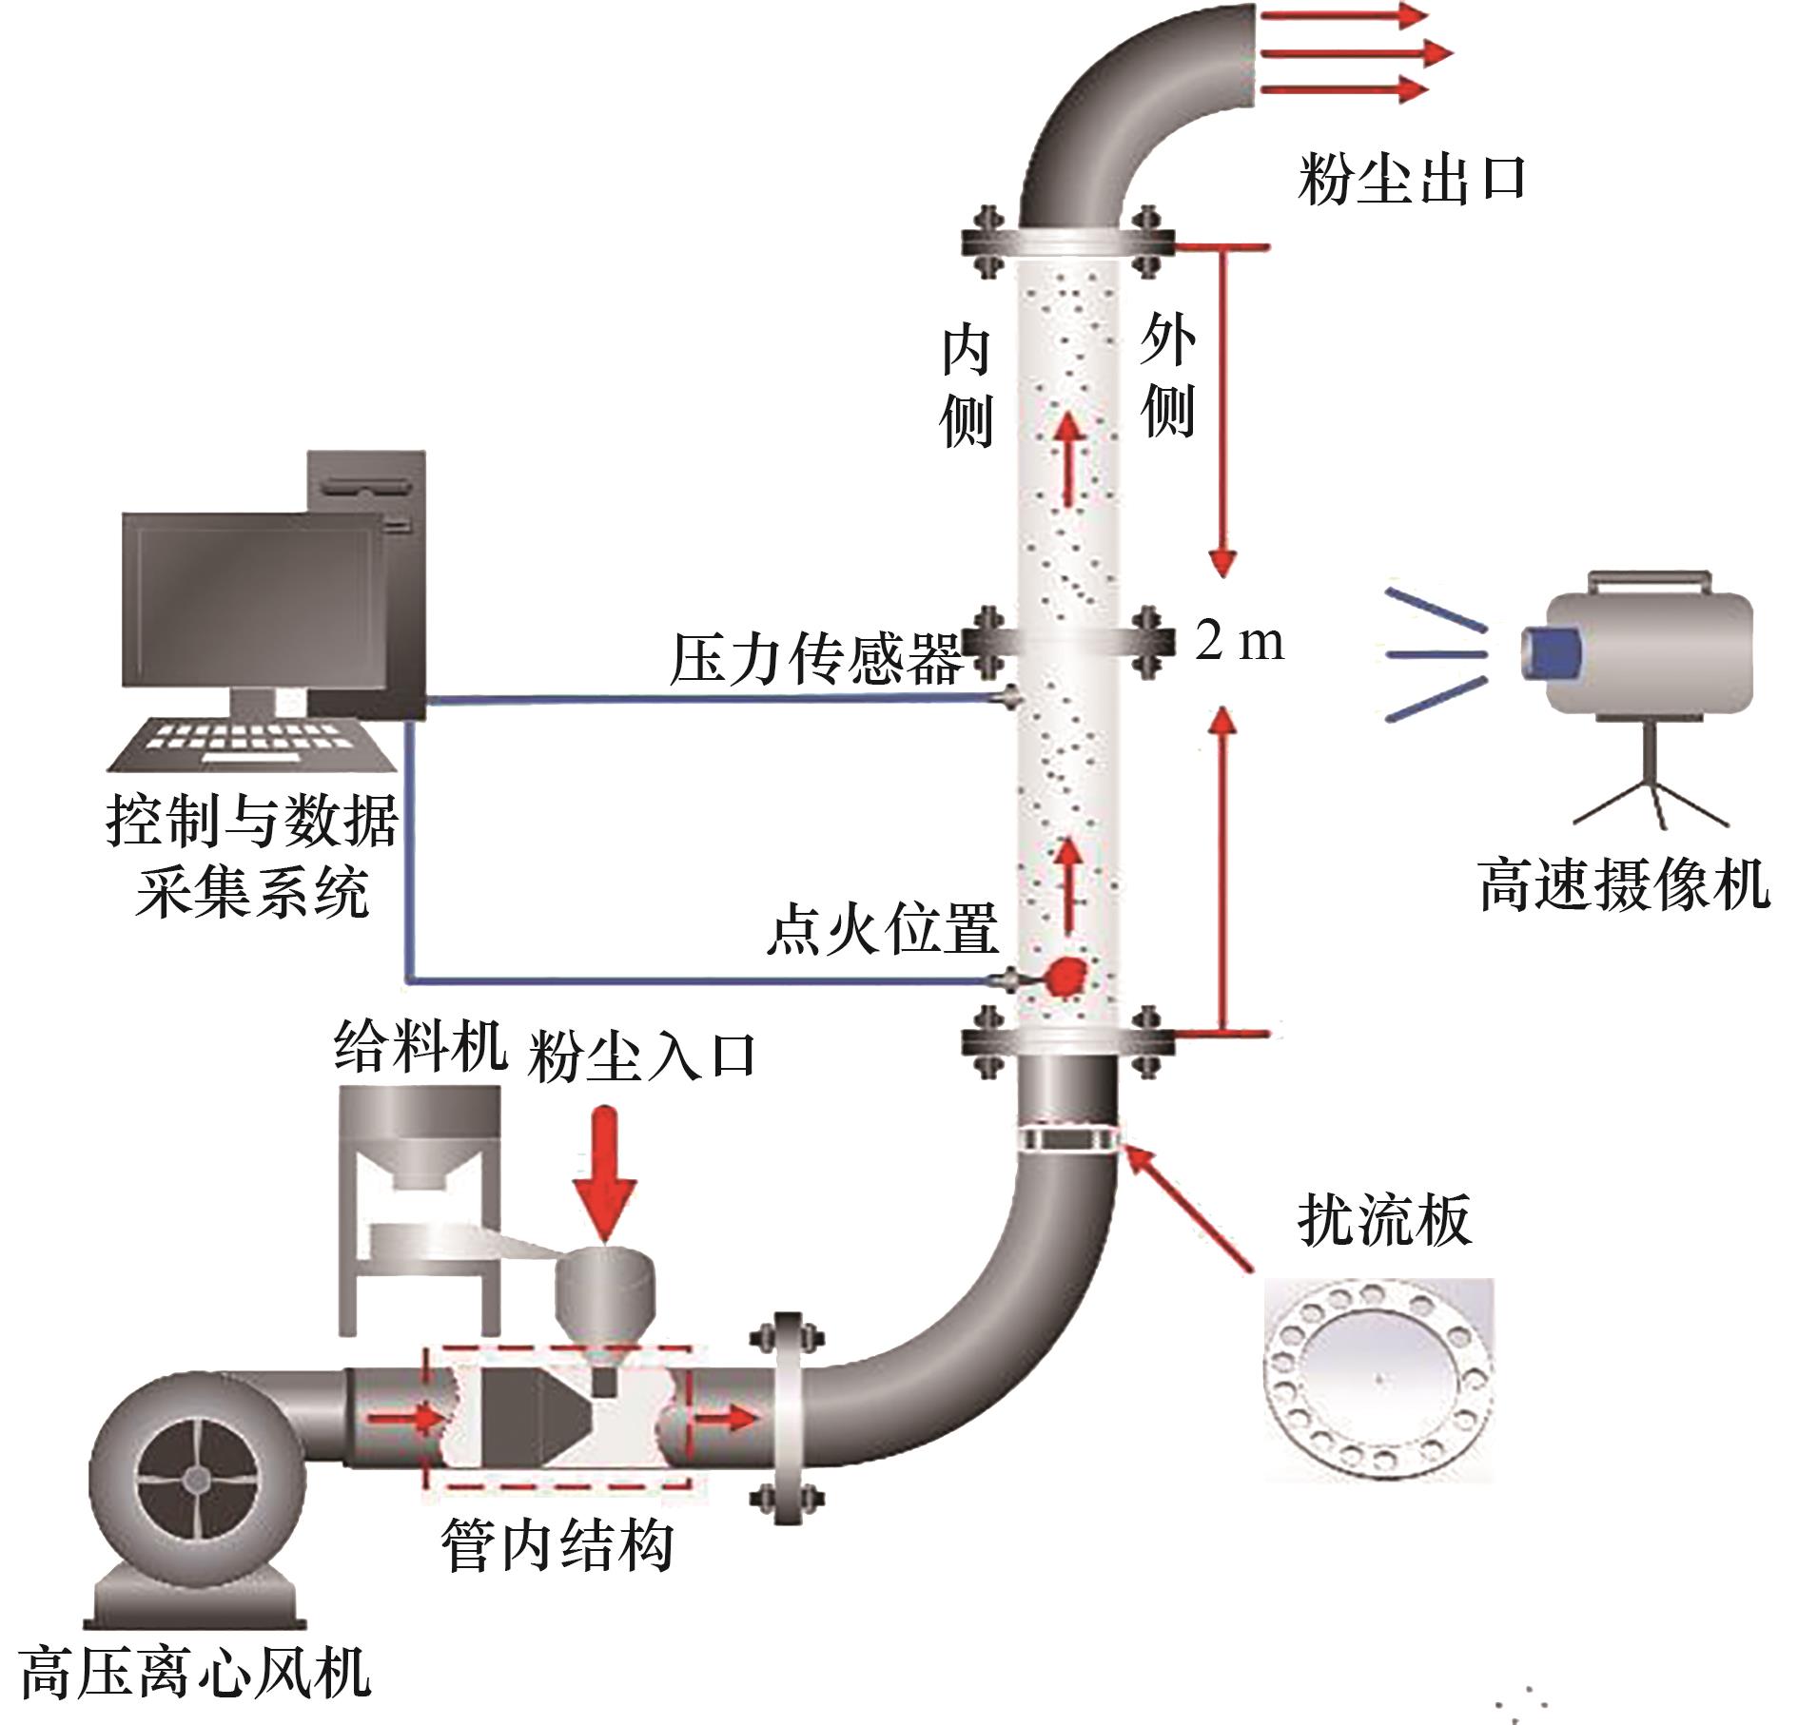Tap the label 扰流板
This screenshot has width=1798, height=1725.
[x=1384, y=1220]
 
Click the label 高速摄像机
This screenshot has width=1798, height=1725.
[x=1624, y=885]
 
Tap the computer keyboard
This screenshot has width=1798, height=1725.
[x=252, y=743]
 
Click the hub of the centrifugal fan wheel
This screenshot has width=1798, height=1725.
[x=196, y=1479]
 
